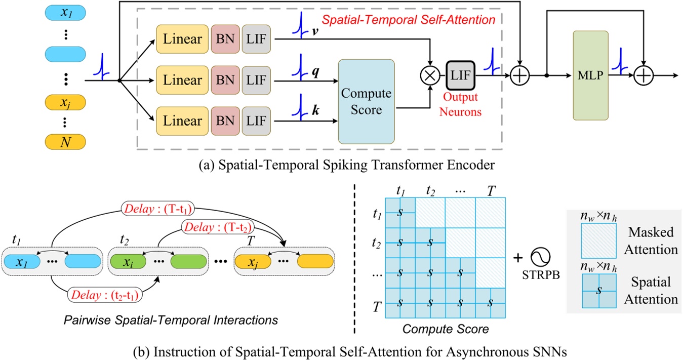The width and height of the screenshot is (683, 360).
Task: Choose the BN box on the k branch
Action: (x=225, y=122)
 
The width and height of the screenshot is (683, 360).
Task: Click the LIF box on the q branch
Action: (x=256, y=80)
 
